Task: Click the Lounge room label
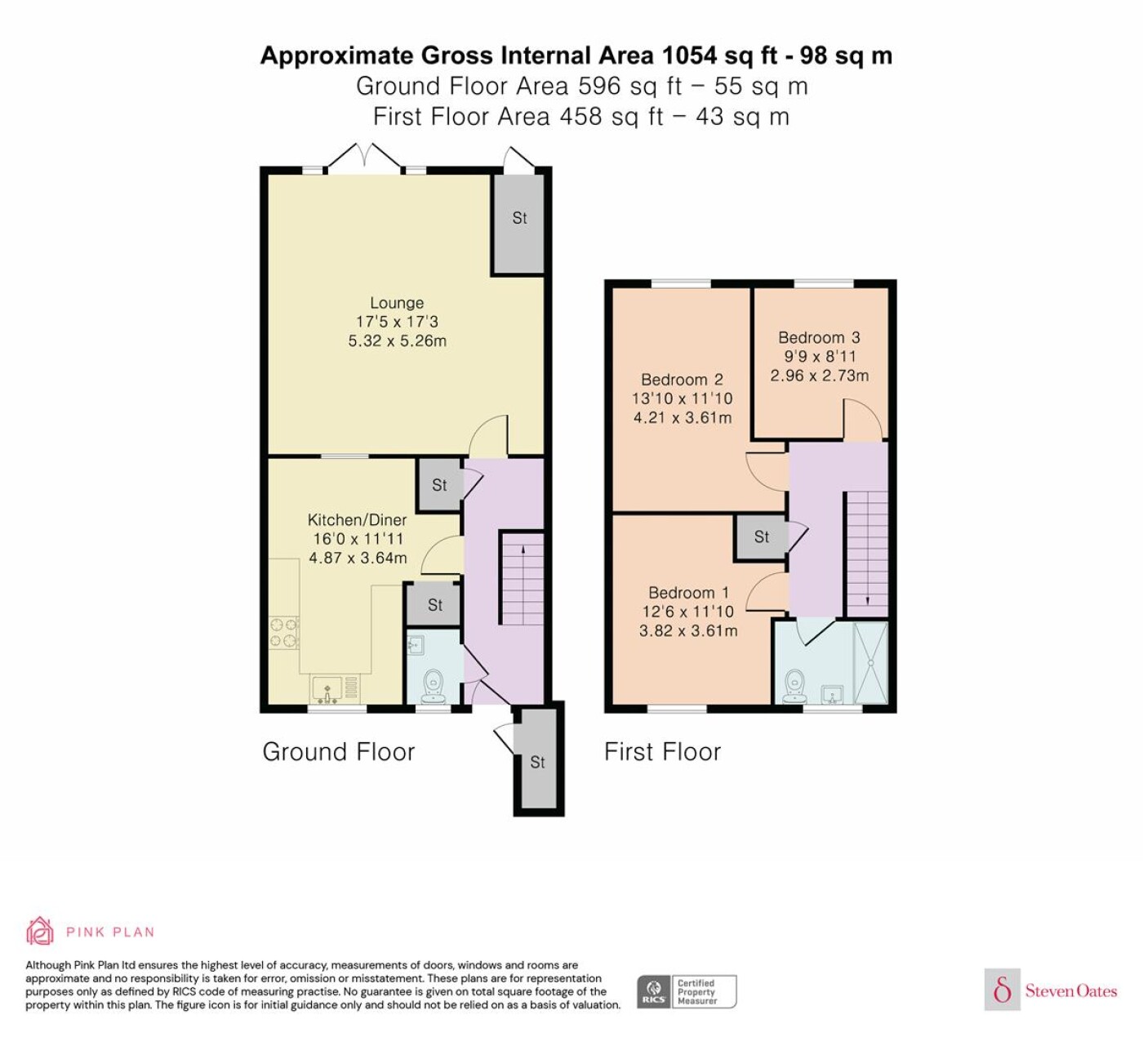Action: (x=397, y=303)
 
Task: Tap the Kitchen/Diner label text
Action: (x=358, y=520)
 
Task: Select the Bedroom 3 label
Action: (x=819, y=337)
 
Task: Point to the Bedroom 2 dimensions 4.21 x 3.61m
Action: (x=683, y=418)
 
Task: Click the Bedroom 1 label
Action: (x=688, y=592)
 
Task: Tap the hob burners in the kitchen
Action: (x=284, y=633)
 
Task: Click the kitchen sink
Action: (x=327, y=691)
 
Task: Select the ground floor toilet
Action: (x=434, y=686)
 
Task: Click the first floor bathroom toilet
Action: (x=794, y=687)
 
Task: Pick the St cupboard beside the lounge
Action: (x=518, y=224)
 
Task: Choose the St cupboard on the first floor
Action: (x=762, y=537)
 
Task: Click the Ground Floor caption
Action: (x=339, y=752)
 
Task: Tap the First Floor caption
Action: (x=663, y=752)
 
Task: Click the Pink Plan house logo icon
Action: (x=40, y=932)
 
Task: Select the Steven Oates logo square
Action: (x=1003, y=989)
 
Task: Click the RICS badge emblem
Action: (x=654, y=992)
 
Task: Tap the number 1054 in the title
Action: (x=689, y=56)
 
